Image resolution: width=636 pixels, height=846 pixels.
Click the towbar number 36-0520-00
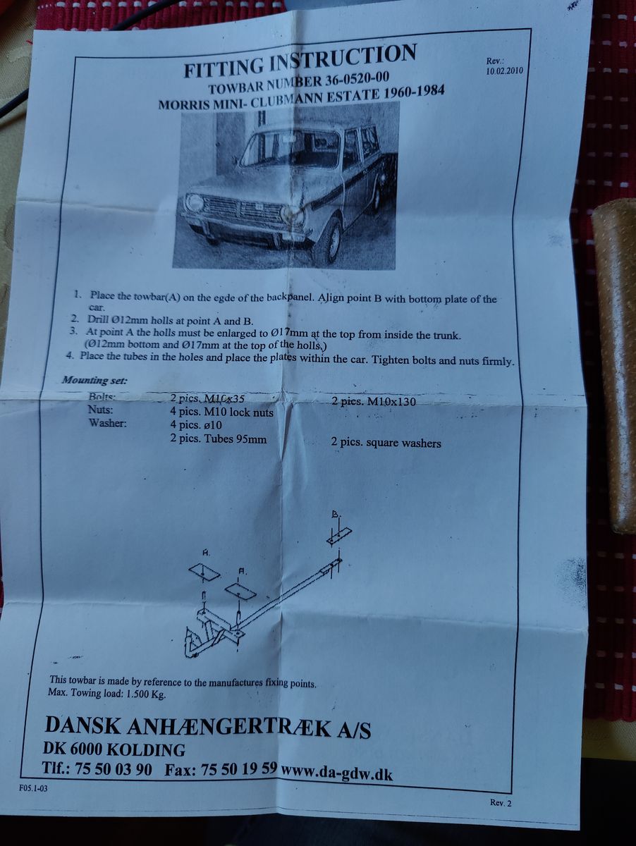click(357, 78)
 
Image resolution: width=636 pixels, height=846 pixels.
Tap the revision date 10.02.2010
click(505, 71)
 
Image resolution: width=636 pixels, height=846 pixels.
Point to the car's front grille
click(242, 211)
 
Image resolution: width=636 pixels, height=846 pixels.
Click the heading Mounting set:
click(94, 381)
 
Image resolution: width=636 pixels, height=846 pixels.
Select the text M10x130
click(391, 402)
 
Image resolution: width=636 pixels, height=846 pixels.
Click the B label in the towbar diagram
click(336, 515)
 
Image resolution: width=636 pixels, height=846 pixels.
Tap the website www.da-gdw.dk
click(337, 773)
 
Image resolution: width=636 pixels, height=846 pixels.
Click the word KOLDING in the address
click(145, 749)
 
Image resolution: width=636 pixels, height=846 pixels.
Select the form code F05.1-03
click(34, 788)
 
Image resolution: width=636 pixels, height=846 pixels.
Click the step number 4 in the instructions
click(69, 355)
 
